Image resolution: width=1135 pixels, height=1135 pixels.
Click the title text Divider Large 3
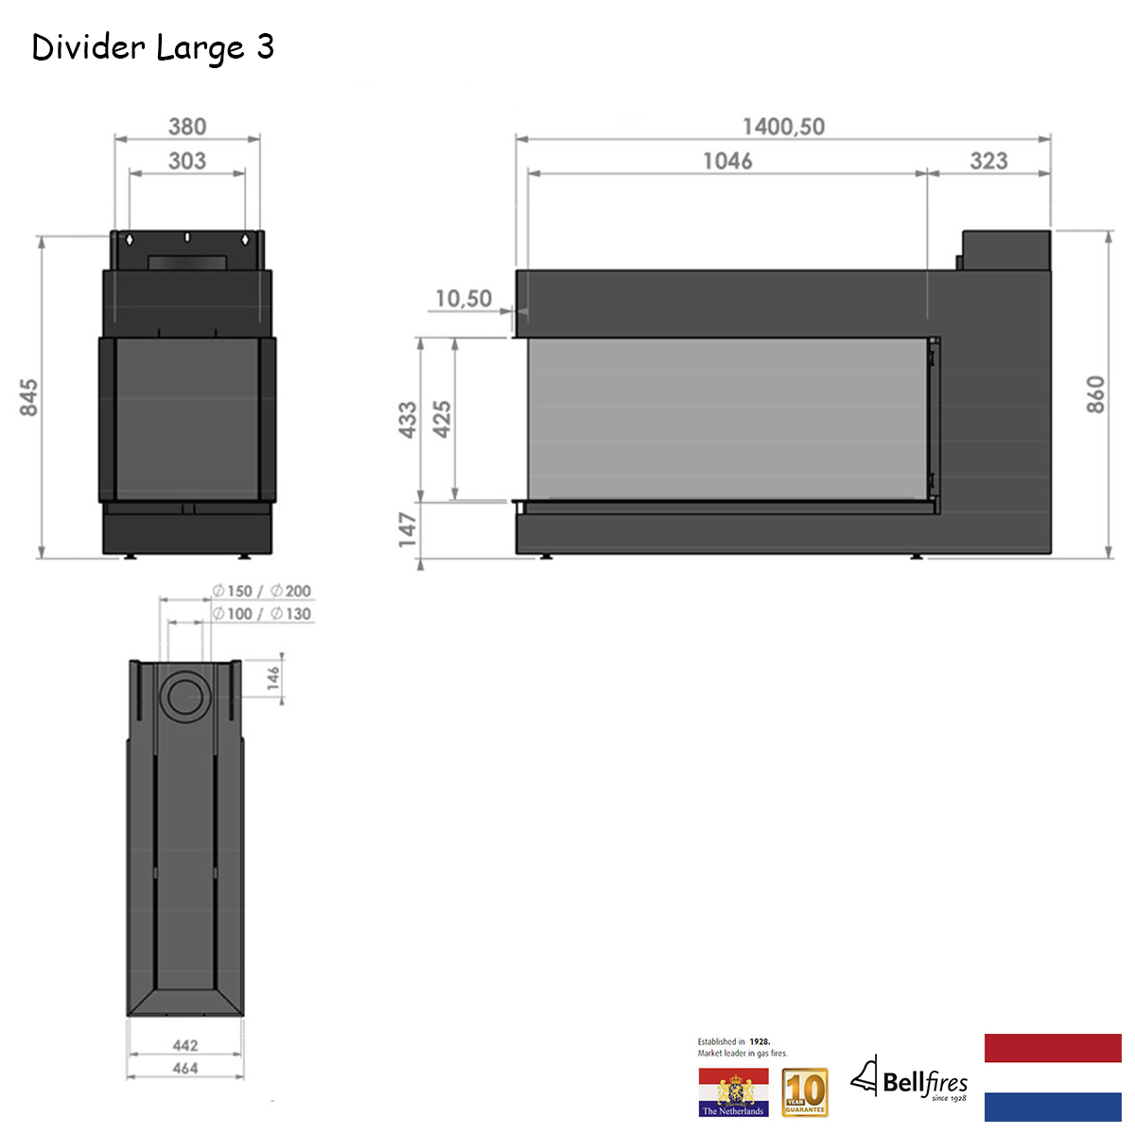[152, 48]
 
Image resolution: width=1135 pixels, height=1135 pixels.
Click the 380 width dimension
[187, 127]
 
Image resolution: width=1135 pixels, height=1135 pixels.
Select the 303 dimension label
[187, 161]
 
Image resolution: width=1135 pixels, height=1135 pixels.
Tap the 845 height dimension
[29, 397]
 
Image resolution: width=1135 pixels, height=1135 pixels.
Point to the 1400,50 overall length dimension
[783, 127]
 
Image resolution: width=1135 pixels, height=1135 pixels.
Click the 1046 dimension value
[727, 161]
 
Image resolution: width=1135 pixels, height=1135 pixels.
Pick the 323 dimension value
[988, 161]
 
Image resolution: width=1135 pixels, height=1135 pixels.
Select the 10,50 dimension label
[463, 299]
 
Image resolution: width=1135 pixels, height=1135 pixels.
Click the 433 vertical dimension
[408, 420]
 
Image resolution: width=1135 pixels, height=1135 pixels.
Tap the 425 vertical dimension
[442, 419]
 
